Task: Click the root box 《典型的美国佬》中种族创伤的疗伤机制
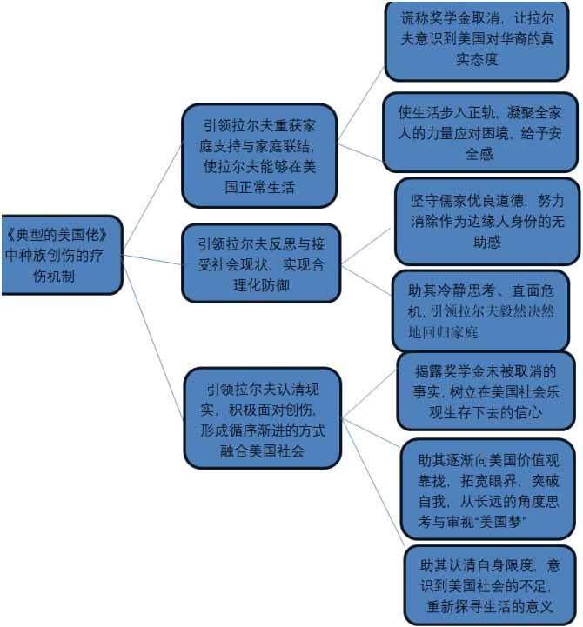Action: click(x=61, y=254)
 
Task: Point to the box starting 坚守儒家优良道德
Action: click(x=486, y=221)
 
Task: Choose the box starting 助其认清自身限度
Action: click(x=489, y=583)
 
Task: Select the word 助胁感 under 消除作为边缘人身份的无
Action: click(x=486, y=243)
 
